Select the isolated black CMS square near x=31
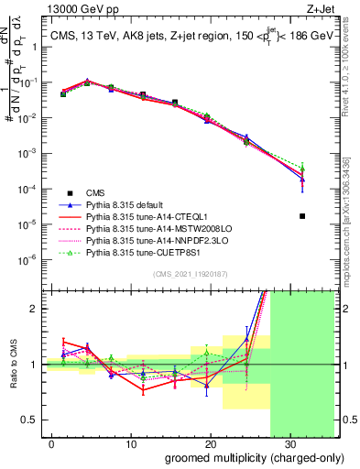coord(302,216)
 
